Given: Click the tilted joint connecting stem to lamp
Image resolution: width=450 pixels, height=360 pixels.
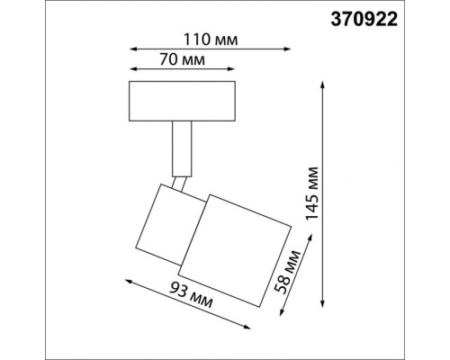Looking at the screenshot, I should (x=183, y=183).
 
